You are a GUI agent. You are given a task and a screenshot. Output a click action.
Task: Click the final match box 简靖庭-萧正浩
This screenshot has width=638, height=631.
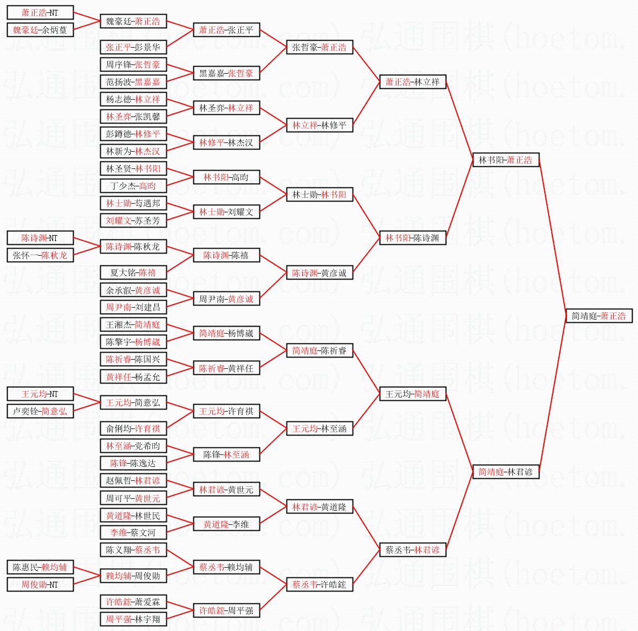pyautogui.click(x=598, y=316)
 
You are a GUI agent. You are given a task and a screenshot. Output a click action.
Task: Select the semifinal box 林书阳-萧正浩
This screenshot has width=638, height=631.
pyautogui.click(x=506, y=160)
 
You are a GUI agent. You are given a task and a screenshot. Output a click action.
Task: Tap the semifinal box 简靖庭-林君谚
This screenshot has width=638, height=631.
pyautogui.click(x=506, y=472)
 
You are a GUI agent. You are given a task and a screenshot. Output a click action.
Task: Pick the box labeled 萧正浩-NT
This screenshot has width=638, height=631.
pyautogui.click(x=40, y=12)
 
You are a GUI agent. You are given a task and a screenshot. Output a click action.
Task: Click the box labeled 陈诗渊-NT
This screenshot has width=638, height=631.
pyautogui.click(x=40, y=238)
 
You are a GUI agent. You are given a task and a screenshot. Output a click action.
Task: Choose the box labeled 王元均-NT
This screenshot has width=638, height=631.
pyautogui.click(x=40, y=394)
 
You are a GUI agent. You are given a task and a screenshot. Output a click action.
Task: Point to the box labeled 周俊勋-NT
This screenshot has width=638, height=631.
pyautogui.click(x=40, y=584)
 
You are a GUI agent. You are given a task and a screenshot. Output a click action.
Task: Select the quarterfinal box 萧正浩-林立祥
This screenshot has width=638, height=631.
pyautogui.click(x=413, y=82)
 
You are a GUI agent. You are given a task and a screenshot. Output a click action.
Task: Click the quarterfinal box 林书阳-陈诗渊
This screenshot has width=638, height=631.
pyautogui.click(x=413, y=238)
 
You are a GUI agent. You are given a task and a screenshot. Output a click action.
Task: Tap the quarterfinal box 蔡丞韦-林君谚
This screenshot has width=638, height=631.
pyautogui.click(x=413, y=550)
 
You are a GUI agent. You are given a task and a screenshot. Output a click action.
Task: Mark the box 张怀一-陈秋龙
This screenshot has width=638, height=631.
pyautogui.click(x=40, y=255)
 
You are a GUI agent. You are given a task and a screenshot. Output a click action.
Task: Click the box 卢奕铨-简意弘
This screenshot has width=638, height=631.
pyautogui.click(x=40, y=411)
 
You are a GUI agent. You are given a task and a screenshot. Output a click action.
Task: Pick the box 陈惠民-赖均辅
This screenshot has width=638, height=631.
pyautogui.click(x=40, y=567)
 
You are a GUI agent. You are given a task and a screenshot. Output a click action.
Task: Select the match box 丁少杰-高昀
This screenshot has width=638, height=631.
pyautogui.click(x=133, y=186)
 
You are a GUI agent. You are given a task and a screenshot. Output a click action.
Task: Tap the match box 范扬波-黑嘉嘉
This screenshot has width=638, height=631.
pyautogui.click(x=133, y=82)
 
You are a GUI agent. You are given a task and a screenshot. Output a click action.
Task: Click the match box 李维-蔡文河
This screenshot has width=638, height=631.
pyautogui.click(x=133, y=532)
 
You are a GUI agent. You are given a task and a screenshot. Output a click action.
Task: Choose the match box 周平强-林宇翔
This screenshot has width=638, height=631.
pyautogui.click(x=133, y=619)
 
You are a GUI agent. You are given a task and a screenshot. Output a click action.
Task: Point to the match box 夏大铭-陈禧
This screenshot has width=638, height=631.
pyautogui.click(x=133, y=272)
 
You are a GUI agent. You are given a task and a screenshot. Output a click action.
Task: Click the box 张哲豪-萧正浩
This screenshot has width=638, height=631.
pyautogui.click(x=320, y=47)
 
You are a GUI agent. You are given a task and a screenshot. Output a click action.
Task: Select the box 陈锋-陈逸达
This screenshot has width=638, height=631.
pyautogui.click(x=133, y=463)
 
